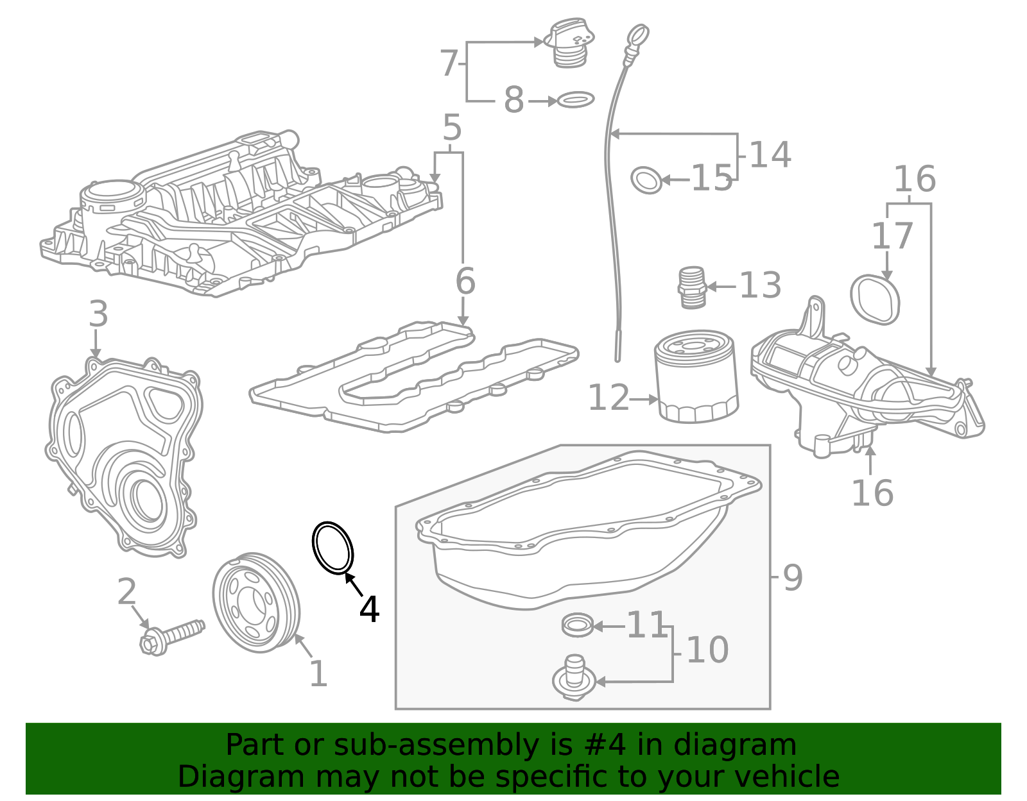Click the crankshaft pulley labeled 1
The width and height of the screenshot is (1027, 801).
tap(255, 602)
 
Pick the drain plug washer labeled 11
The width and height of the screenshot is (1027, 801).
tap(577, 625)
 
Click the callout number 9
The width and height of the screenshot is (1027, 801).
tap(793, 577)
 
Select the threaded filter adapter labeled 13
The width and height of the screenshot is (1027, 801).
tap(692, 287)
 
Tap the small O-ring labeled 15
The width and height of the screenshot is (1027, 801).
tap(646, 180)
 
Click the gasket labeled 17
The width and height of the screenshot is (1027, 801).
tap(875, 299)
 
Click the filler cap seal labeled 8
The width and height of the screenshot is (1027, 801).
tap(576, 99)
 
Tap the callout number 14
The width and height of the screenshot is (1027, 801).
tap(770, 155)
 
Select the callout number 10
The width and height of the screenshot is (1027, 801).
tap(707, 650)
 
